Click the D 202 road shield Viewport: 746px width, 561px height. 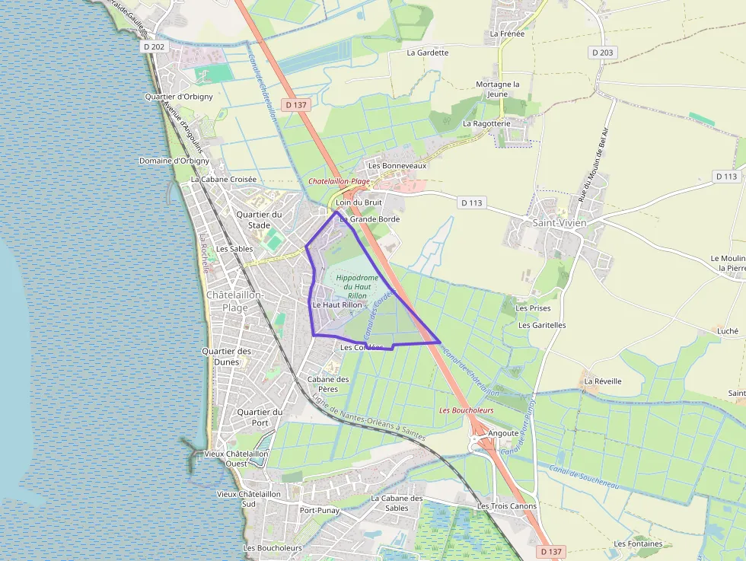pos(154,46)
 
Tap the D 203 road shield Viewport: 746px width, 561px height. pos(601,53)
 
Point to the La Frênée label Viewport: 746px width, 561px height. pos(506,33)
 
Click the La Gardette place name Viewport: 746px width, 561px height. pos(428,53)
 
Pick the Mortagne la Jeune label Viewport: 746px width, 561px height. pos(497,89)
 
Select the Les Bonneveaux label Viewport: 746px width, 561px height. pos(397,165)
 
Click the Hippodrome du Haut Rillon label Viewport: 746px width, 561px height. pos(357,287)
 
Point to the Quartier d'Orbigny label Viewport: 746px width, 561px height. pos(179,97)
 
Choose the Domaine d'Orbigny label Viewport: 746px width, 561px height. pos(174,161)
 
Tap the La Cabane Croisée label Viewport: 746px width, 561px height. pos(224,180)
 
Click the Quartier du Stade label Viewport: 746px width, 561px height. pos(259,219)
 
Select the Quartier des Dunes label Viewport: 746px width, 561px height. pos(227,356)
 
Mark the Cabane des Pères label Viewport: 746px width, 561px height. pos(328,384)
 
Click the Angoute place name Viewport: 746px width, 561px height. pos(503,432)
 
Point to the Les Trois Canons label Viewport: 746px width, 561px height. pos(506,505)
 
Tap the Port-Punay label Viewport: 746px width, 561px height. pos(319,510)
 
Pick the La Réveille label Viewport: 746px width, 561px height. pos(603,381)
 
